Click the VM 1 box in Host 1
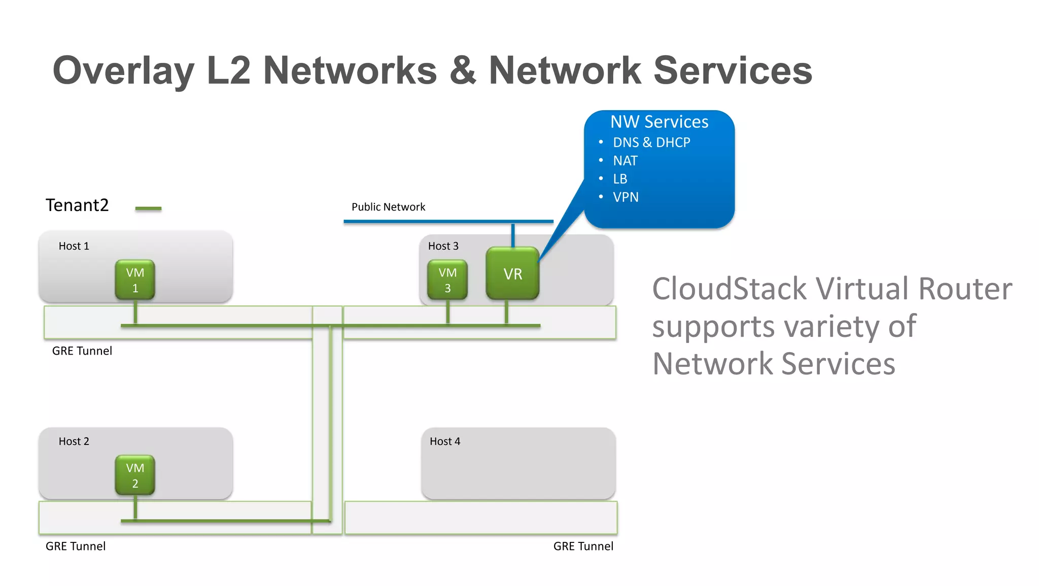[135, 280]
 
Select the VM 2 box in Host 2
[135, 475]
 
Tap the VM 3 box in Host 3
[447, 280]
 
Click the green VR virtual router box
[512, 274]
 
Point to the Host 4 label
[445, 441]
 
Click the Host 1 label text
[74, 246]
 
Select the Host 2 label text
[74, 441]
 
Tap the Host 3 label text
[443, 246]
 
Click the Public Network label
[388, 207]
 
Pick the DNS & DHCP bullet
[651, 143]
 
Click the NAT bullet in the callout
[625, 161]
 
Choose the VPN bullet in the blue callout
[626, 197]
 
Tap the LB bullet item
[620, 179]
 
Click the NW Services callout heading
[659, 122]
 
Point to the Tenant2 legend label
[77, 205]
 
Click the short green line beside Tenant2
[148, 209]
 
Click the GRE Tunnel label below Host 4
[583, 546]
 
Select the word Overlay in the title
[123, 71]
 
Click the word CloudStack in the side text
[729, 289]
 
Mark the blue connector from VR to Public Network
[513, 235]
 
